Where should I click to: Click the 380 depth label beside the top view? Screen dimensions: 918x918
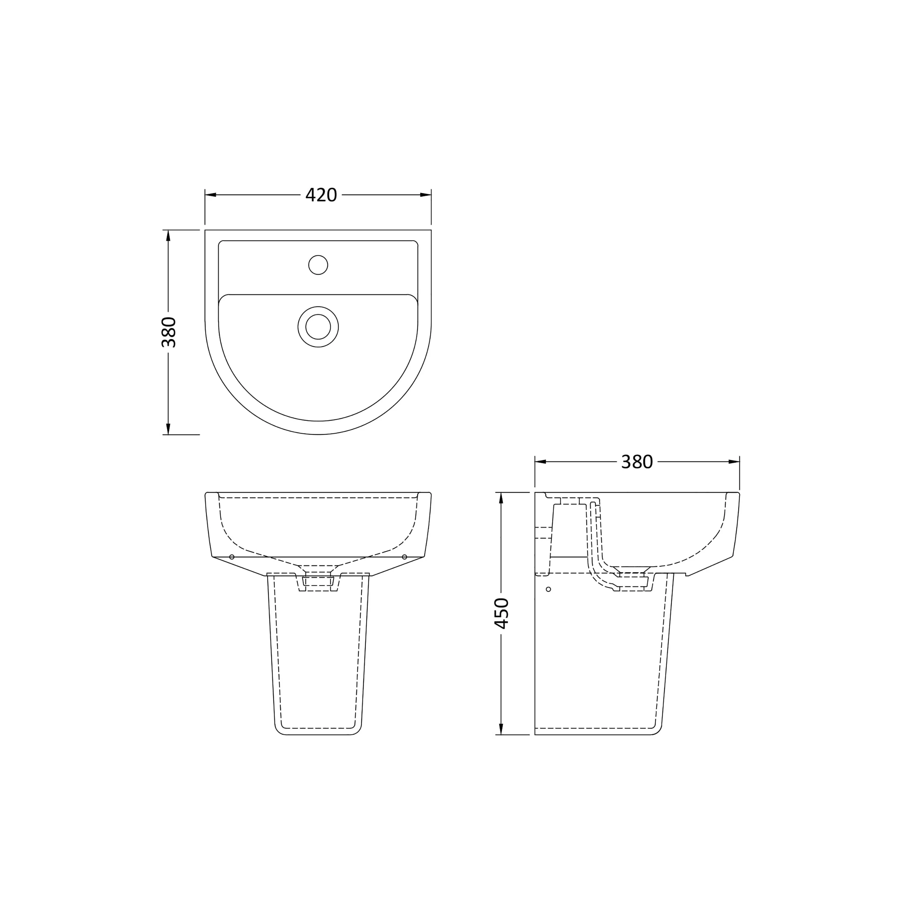click(x=168, y=332)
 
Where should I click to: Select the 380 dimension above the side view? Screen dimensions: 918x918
click(x=637, y=462)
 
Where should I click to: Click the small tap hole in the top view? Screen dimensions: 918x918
click(x=318, y=265)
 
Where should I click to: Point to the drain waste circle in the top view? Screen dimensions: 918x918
click(x=318, y=327)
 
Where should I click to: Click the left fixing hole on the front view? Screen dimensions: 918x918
click(x=232, y=557)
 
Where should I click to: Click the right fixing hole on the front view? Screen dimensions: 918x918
click(x=404, y=557)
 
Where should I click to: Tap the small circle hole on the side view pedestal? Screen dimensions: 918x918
click(x=548, y=589)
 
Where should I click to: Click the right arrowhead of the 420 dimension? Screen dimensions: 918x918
click(x=426, y=195)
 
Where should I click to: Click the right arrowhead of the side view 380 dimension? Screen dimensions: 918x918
click(x=734, y=462)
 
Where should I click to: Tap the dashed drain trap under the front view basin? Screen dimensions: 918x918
click(x=318, y=582)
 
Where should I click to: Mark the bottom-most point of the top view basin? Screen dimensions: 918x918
click(x=318, y=434)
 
